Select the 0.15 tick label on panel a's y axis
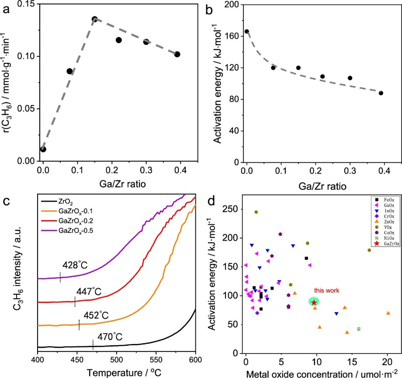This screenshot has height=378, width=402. point(28,4)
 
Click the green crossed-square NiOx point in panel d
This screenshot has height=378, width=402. point(358,329)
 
